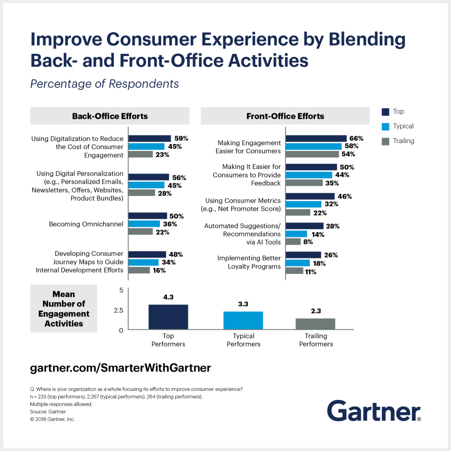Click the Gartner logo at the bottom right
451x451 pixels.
[373, 410]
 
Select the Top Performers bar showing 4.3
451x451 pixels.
[168, 317]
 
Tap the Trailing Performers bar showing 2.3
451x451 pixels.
[315, 324]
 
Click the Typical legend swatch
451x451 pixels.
[385, 126]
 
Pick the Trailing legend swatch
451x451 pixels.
[385, 141]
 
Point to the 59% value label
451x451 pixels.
[180, 138]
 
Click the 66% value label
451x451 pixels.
[356, 138]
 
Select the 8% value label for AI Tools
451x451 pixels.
[308, 242]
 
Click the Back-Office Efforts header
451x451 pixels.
[110, 116]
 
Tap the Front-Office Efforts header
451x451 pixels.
[285, 116]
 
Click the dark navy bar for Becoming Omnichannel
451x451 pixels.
[148, 216]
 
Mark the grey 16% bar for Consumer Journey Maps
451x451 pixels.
[139, 270]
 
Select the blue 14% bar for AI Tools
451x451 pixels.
[296, 234]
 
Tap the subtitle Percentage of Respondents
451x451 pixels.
[104, 84]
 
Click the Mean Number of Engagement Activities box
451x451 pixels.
[64, 308]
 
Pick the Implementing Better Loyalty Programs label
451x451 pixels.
[249, 262]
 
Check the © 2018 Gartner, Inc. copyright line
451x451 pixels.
[52, 419]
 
